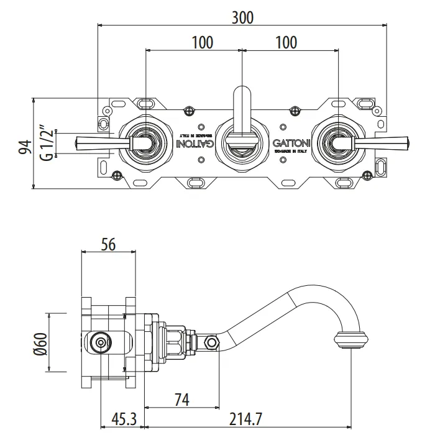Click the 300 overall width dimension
(242, 17)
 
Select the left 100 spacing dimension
(203, 42)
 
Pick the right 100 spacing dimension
(285, 42)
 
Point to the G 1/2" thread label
(45, 144)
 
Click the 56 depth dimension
(108, 244)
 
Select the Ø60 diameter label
(41, 342)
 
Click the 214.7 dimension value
(248, 421)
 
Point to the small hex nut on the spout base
(213, 342)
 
